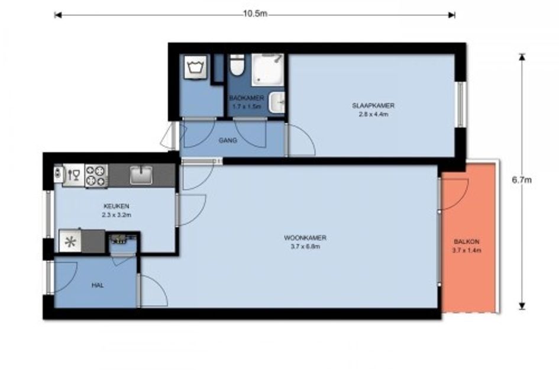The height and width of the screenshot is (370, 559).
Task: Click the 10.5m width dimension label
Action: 255,14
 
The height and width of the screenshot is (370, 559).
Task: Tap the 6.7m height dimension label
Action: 522,180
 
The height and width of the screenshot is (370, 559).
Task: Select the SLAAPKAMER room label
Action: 373,105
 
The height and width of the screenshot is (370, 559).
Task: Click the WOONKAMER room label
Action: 305,237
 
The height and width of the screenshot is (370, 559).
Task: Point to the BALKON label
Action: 466,242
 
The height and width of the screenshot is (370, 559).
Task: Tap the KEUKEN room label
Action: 116,206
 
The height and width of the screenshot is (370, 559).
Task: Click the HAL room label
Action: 98,285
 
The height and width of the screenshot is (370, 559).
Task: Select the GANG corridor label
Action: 228,140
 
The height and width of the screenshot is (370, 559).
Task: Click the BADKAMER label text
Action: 247,98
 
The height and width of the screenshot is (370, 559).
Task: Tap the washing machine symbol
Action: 195,66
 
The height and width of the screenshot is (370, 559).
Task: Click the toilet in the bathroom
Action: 237,65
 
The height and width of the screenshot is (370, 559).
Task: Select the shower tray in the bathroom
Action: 268,70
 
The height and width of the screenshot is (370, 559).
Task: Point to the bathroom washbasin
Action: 277,102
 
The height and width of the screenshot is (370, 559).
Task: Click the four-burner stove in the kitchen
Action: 96,176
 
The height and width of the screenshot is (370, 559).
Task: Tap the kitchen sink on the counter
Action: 141,175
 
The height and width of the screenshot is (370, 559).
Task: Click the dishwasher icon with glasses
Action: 74,175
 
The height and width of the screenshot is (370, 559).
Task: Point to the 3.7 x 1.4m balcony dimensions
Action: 467,250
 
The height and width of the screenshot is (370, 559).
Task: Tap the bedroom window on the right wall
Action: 460,105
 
